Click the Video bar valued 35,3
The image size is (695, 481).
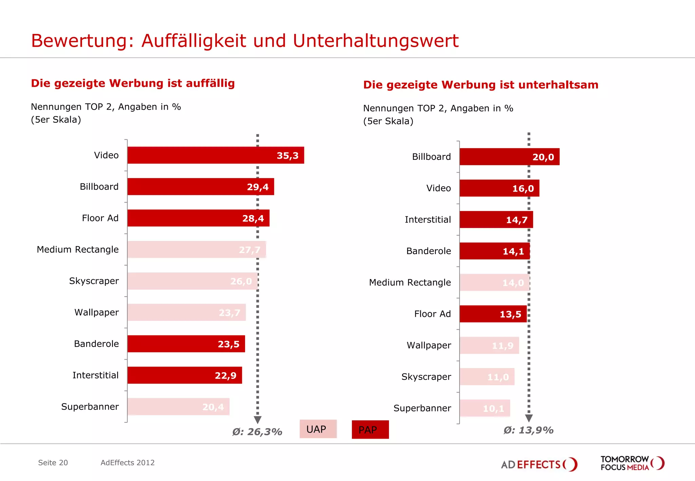click(x=215, y=155)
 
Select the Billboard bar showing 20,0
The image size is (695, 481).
click(x=509, y=157)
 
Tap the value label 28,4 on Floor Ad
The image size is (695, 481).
click(x=253, y=218)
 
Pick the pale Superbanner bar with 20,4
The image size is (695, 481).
click(x=178, y=407)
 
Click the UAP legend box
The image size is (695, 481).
click(x=318, y=429)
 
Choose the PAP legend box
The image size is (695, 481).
click(x=370, y=430)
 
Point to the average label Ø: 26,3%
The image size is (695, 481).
click(x=257, y=432)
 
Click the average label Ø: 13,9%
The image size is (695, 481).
click(x=528, y=430)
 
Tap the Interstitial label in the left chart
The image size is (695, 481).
click(x=95, y=375)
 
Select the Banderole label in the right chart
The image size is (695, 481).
click(x=429, y=251)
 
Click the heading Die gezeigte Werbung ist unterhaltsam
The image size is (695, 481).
click(x=481, y=85)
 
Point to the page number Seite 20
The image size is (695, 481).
click(x=53, y=463)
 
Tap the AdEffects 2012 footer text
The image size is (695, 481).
click(x=128, y=463)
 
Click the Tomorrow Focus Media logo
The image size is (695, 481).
click(x=632, y=463)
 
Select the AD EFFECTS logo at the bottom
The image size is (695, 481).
click(x=539, y=464)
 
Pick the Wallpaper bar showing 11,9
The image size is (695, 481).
click(x=489, y=345)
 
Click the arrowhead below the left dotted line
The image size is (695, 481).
click(x=258, y=420)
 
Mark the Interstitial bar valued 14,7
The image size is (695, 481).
click(x=496, y=220)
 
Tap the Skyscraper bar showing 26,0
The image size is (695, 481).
click(x=192, y=281)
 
